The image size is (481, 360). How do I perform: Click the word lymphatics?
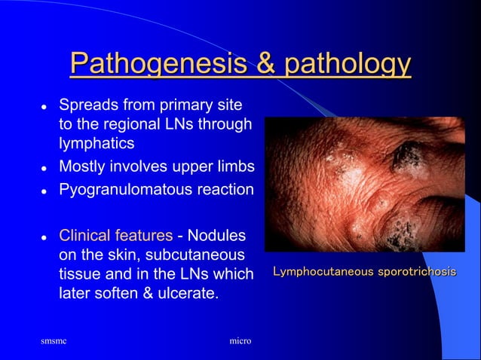tap(93, 142)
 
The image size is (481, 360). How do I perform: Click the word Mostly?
tap(84, 166)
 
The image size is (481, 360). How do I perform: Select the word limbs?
tap(234, 166)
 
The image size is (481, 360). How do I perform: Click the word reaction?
tap(222, 190)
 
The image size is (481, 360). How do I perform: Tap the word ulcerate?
tap(189, 292)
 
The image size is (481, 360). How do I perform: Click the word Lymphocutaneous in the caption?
tap(322, 271)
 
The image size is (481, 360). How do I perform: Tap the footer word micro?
tap(240, 342)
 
